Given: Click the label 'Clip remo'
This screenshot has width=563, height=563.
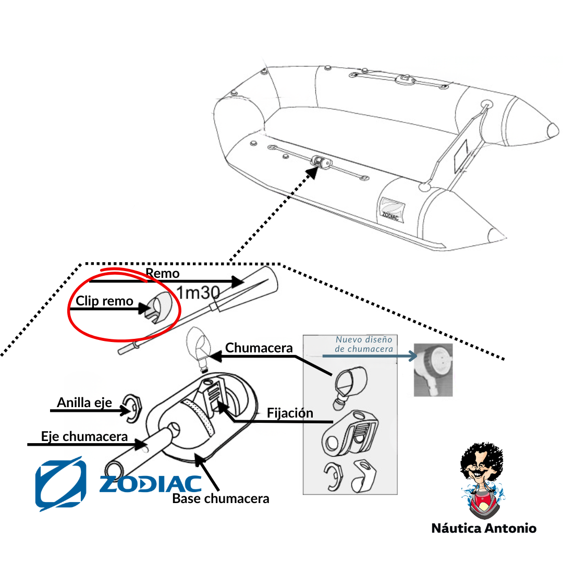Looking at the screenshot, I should (x=104, y=301).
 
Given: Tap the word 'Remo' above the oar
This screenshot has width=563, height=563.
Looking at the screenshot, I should (x=163, y=273).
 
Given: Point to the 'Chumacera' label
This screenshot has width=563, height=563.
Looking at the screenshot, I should (x=259, y=348).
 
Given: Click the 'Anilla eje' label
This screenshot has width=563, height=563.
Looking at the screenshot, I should (x=84, y=402).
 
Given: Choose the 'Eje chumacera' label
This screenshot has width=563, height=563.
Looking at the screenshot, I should (x=84, y=436).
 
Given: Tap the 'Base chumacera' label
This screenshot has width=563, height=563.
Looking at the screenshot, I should (x=221, y=498).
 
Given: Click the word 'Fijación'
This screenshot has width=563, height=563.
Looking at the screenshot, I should (x=290, y=413).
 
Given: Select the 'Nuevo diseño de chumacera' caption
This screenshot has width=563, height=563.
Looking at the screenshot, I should (x=364, y=344).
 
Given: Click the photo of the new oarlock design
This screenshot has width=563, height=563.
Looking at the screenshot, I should (x=433, y=370).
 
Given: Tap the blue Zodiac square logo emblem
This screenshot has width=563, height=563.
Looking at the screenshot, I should (x=60, y=484).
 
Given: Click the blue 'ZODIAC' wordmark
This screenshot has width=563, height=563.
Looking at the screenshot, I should (x=150, y=484).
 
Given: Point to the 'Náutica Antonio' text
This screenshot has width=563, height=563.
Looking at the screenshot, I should (x=484, y=528).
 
